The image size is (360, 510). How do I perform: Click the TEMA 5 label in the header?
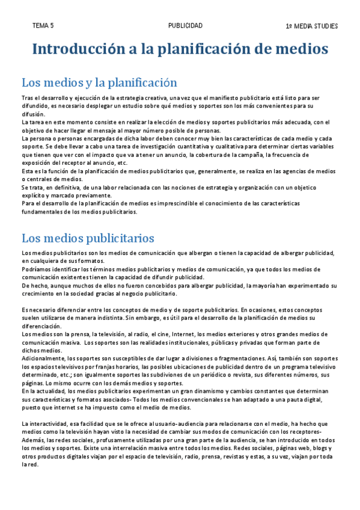(x=43, y=26)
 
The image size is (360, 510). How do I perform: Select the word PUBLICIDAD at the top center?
(x=185, y=26)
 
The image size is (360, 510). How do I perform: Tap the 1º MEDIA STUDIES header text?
(x=312, y=26)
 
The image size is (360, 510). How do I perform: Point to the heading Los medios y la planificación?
(x=99, y=82)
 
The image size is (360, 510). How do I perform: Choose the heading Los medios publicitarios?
(x=88, y=238)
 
